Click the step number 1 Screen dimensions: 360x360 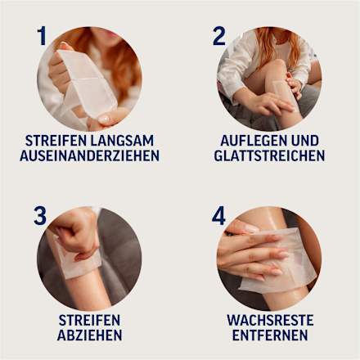pyautogui.click(x=41, y=36)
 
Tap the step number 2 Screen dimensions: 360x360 pyautogui.click(x=219, y=36)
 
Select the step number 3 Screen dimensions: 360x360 pyautogui.click(x=40, y=216)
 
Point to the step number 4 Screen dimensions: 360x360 pyautogui.click(x=218, y=216)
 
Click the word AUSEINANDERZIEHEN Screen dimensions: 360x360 pyautogui.click(x=89, y=155)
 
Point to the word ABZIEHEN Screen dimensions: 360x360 pyautogui.click(x=90, y=335)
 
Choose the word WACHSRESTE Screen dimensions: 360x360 pyautogui.click(x=270, y=320)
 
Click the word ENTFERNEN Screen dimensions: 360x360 pyautogui.click(x=270, y=335)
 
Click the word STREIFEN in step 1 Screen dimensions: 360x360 pyautogui.click(x=60, y=140)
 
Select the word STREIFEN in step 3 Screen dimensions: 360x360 pyautogui.click(x=90, y=320)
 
